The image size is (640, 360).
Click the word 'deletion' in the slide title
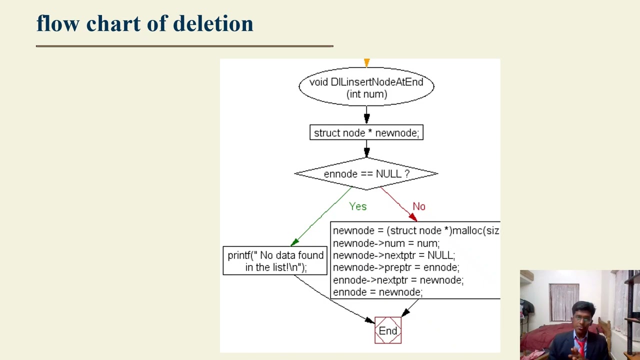coord(213,23)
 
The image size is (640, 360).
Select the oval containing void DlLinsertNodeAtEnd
coord(366,87)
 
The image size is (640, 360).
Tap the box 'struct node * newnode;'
coord(366,132)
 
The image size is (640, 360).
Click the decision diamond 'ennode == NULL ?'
coord(366,174)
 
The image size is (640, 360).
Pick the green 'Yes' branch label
coord(357,206)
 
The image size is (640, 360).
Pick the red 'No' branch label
coord(418,206)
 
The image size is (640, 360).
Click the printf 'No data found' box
coord(275,261)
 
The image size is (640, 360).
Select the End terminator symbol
coord(388,330)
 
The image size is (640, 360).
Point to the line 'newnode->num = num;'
coord(386,243)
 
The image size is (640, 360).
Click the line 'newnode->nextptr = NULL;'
coord(393,255)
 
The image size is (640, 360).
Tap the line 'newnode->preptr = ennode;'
coord(395,267)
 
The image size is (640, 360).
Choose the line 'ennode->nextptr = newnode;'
coord(398,280)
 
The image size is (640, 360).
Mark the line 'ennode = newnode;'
coord(377,292)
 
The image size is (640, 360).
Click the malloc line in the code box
coord(415,230)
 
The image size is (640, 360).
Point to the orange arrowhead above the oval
coord(366,62)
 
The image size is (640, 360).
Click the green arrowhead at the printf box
coord(294,242)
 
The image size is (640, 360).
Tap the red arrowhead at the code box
coord(412,217)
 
